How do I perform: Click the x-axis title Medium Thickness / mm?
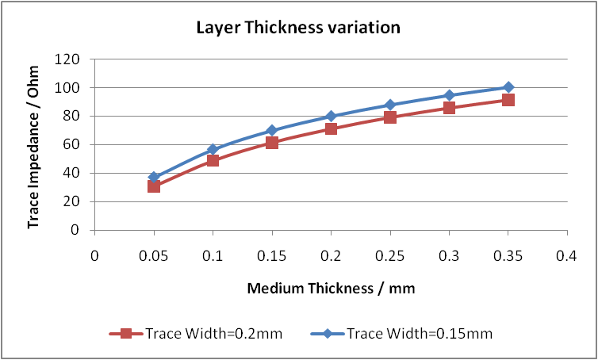tap(331, 289)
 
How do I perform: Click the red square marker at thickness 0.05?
tap(154, 186)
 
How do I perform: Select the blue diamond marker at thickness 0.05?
tap(154, 178)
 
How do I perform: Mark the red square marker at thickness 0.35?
tap(508, 100)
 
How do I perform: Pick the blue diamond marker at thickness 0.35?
tap(508, 87)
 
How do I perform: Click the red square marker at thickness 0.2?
tap(331, 128)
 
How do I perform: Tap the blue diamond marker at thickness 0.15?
tap(272, 130)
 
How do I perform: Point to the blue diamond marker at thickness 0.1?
tap(213, 149)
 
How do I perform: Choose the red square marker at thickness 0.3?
tap(449, 108)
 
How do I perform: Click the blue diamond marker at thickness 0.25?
tap(389, 105)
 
